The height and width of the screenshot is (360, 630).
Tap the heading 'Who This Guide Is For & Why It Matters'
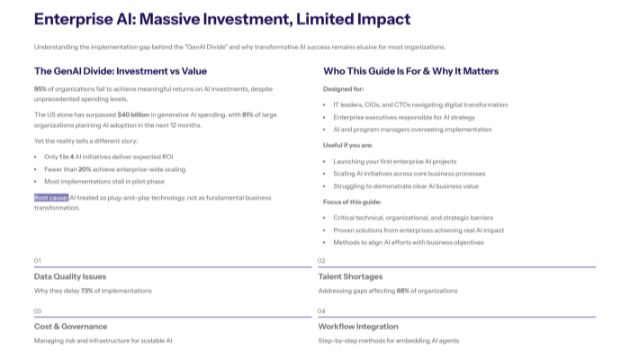coord(410,71)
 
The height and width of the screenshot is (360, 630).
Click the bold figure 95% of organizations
coord(40,89)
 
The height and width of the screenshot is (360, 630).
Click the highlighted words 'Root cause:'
coord(51,196)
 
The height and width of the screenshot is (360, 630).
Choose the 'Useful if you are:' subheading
coord(347,144)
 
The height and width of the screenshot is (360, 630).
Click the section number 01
coord(38,261)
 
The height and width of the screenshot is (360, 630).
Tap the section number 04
coord(321,310)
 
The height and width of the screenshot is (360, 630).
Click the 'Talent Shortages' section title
coord(350,276)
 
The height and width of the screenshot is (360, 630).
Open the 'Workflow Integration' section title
coord(358,326)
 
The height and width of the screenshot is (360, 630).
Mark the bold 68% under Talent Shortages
coord(403,292)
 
